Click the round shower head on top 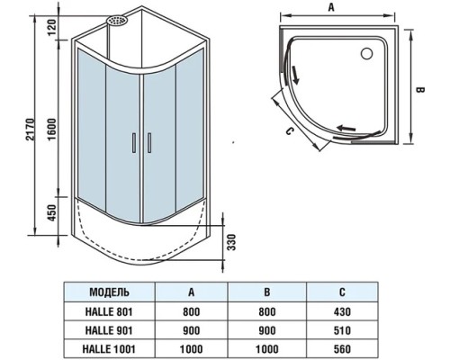point(117,21)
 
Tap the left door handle point(134,143)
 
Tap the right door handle point(149,143)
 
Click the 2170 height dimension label point(31,130)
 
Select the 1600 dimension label point(52,130)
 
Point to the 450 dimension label point(52,212)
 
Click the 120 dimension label point(52,27)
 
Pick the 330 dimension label point(231,242)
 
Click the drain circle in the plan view point(366,53)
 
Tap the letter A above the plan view point(331,7)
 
